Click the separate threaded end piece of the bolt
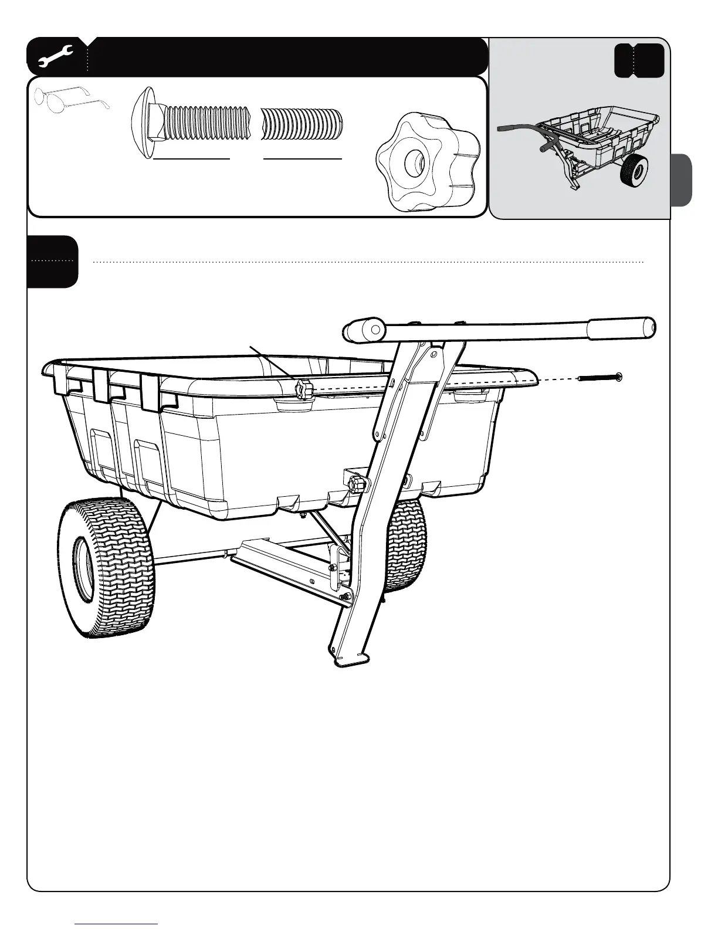[301, 123]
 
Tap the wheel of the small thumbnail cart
[635, 170]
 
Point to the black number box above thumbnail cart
[639, 60]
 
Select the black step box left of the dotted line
[52, 262]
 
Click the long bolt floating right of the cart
[600, 377]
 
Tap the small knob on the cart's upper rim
[304, 390]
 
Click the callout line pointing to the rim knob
[273, 364]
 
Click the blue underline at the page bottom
[116, 924]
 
